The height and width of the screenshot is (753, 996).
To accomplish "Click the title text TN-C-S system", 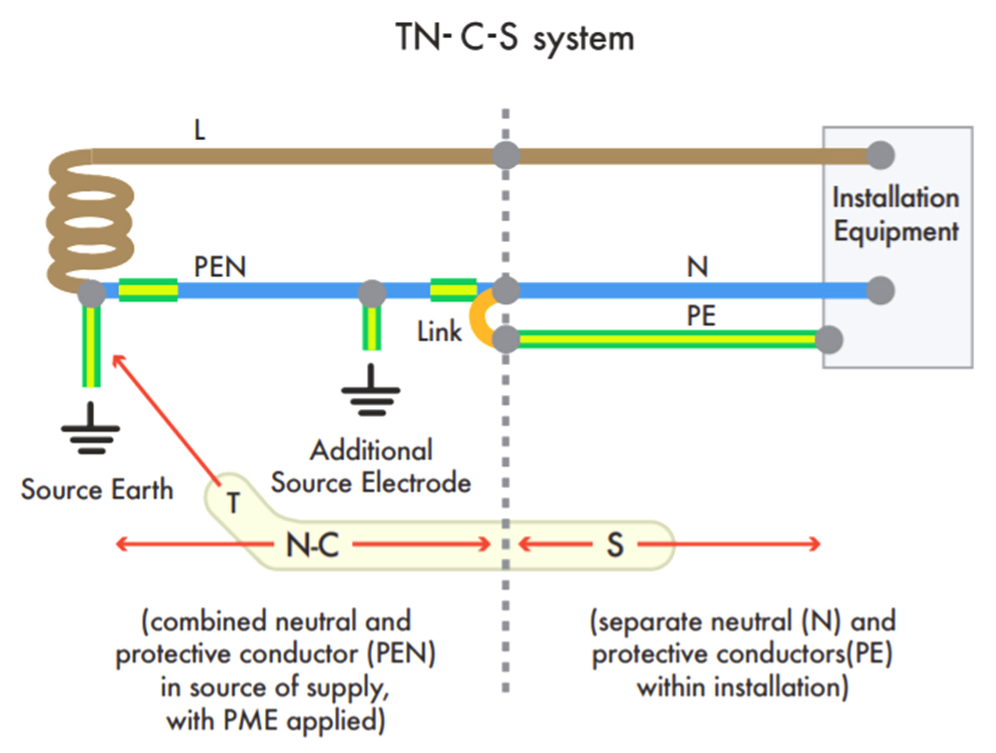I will (x=515, y=38).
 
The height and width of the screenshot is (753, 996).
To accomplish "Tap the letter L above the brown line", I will (x=199, y=130).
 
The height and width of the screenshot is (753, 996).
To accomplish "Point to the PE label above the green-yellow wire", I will (x=701, y=316).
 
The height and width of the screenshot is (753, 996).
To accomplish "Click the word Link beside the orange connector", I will (x=439, y=332).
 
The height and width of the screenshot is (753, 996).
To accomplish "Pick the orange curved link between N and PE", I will (x=478, y=318).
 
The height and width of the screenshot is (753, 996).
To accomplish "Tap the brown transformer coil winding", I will (x=90, y=223).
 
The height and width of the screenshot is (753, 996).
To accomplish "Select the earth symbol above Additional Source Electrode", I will (x=371, y=391).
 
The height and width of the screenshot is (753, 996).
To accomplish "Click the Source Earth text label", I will (x=97, y=490).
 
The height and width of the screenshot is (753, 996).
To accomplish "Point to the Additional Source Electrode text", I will (x=371, y=467).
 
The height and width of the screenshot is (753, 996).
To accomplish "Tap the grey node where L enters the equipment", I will (x=880, y=155).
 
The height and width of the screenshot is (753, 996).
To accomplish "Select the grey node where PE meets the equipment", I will (x=828, y=339).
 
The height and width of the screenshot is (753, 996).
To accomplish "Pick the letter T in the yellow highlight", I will (x=233, y=503).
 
